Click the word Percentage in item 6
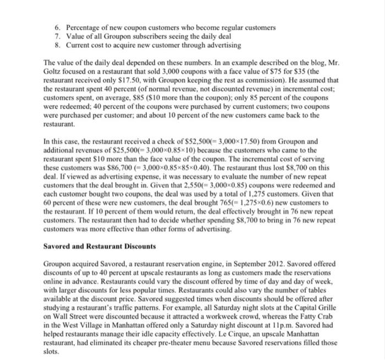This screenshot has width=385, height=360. click(84, 28)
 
